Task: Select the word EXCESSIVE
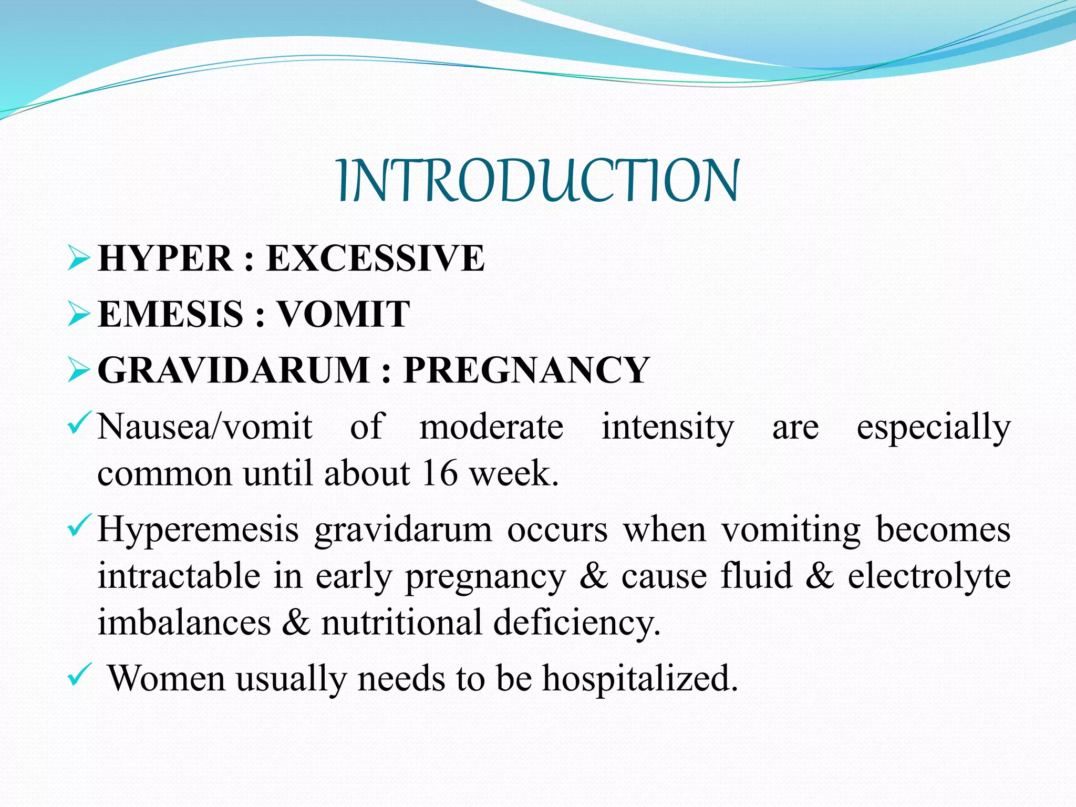point(375,258)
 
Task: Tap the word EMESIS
point(170,314)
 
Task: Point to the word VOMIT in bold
point(343,314)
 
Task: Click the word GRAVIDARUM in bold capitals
point(234,370)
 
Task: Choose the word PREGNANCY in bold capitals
point(526,370)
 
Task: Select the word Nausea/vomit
point(205,427)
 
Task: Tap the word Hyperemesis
point(199,530)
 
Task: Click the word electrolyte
point(929,576)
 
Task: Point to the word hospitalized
point(640,678)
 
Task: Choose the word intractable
point(179,576)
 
